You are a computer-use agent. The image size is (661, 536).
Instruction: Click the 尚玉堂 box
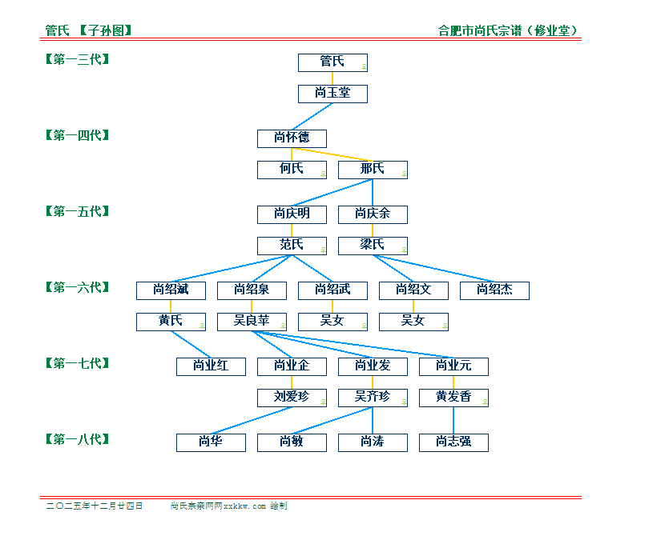333,94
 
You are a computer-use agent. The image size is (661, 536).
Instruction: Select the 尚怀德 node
292,138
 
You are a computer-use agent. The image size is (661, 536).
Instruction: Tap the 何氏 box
292,170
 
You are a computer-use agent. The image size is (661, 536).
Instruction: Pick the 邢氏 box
373,170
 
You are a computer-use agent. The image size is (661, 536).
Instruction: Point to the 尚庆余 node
373,214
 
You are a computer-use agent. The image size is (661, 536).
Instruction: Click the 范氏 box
292,246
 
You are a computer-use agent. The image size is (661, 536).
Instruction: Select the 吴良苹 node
252,322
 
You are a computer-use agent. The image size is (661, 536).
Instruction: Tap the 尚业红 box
211,366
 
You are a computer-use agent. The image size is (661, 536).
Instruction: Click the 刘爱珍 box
292,398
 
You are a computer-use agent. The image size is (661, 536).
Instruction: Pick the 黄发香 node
453,398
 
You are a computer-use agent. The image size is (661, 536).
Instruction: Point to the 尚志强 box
453,442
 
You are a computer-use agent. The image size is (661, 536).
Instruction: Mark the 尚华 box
211,442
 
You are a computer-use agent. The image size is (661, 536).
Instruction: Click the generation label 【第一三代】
77,59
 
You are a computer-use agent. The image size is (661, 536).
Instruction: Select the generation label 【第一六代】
77,287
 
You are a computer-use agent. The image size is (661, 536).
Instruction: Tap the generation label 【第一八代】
77,439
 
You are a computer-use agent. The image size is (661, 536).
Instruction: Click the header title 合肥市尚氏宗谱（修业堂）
509,31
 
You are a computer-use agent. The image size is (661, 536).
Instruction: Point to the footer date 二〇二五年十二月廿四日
95,506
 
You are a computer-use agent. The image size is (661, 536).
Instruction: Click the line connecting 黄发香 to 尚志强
453,420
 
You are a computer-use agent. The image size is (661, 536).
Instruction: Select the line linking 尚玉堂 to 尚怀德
312,116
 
